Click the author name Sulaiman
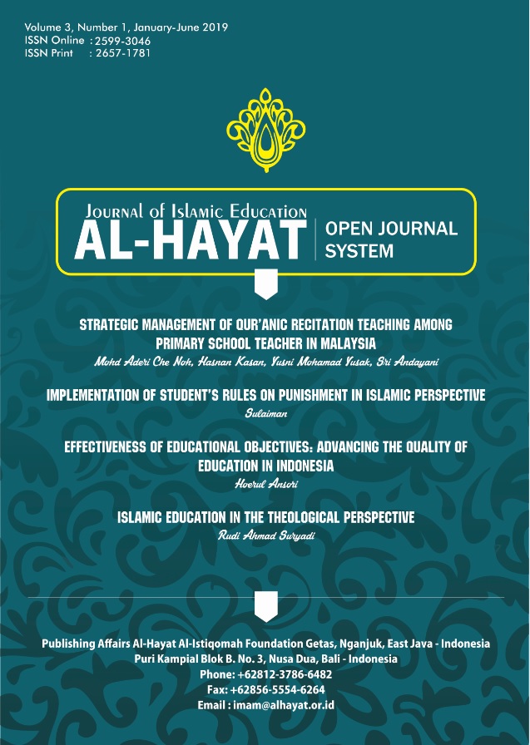(265, 412)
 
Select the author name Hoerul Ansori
(265, 481)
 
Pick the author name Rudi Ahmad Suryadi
(265, 534)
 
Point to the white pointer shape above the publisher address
(265, 606)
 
